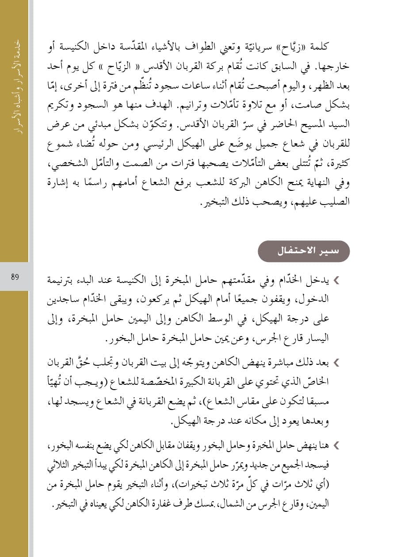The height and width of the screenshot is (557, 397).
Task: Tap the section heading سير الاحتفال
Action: pyautogui.click(x=303, y=251)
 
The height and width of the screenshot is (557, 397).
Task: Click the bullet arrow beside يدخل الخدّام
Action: pyautogui.click(x=337, y=279)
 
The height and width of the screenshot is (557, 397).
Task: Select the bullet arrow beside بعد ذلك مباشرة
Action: pyautogui.click(x=337, y=364)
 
